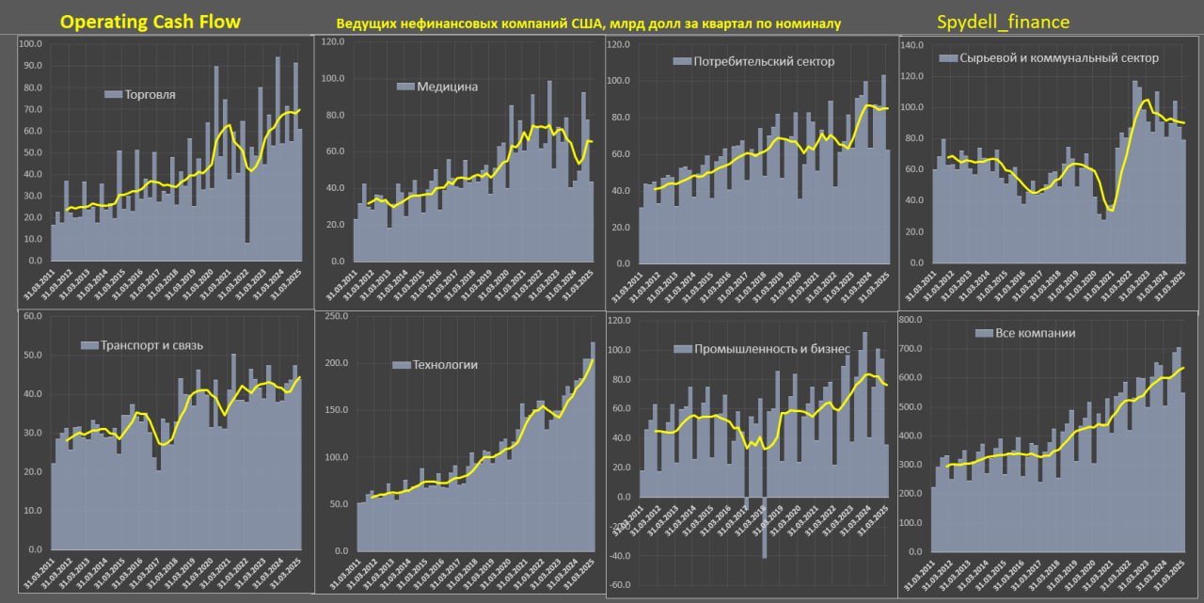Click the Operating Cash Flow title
tap(150, 22)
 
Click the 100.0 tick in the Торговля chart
tap(32, 44)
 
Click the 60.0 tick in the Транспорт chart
tap(32, 316)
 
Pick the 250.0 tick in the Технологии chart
tap(335, 317)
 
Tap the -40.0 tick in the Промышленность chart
tap(621, 556)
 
